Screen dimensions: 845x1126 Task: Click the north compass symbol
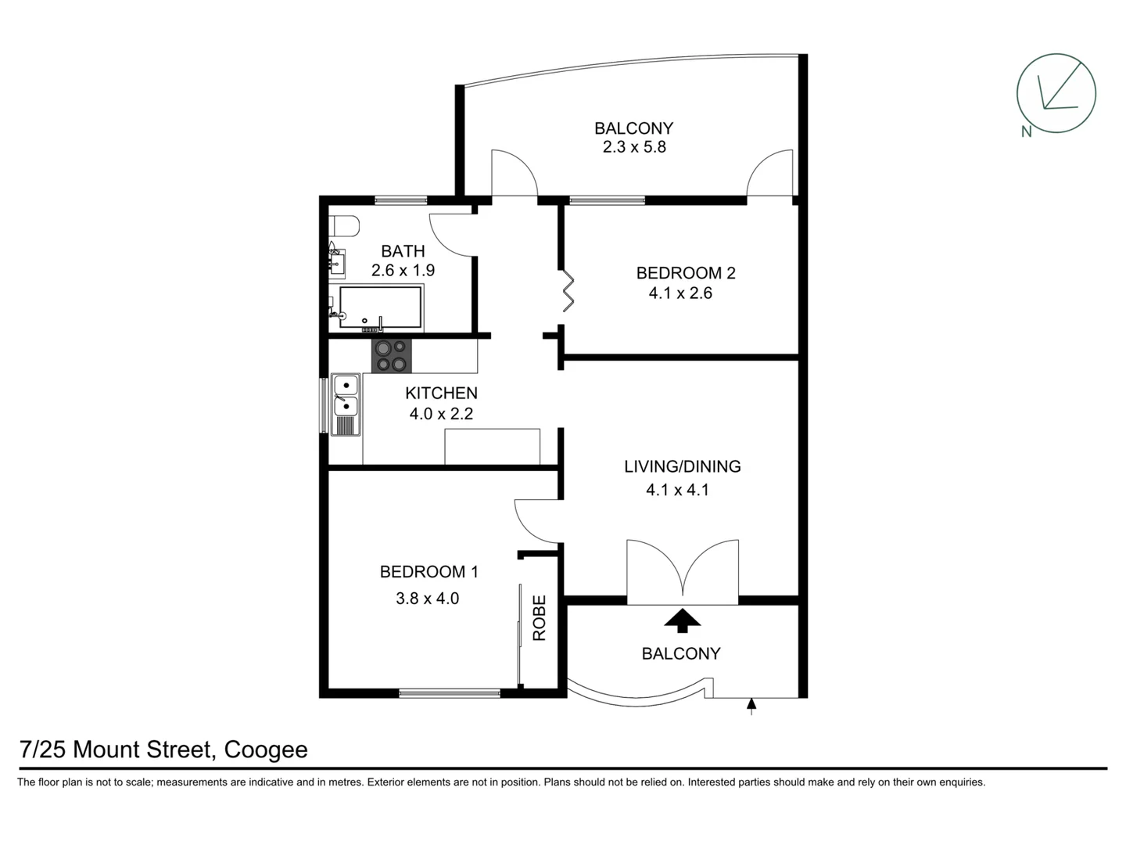coord(1055,94)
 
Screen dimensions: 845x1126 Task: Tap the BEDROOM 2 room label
coord(685,273)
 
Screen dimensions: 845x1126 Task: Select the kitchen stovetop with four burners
coord(391,356)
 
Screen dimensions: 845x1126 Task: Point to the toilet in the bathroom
coord(343,226)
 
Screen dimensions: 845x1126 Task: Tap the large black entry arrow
coord(683,620)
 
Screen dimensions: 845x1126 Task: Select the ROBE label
coord(540,618)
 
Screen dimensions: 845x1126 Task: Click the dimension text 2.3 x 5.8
coord(634,147)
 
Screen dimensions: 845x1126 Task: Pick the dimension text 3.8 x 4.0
coord(427,599)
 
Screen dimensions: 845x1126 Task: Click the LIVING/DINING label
coord(682,466)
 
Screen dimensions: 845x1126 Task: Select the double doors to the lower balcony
coord(683,571)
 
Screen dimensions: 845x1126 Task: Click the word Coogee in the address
coord(266,750)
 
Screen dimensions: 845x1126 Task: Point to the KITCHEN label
coord(441,393)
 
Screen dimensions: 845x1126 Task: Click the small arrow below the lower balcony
coord(751,707)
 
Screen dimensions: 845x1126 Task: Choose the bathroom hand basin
coord(336,261)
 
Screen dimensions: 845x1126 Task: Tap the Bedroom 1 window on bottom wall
coord(450,692)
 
